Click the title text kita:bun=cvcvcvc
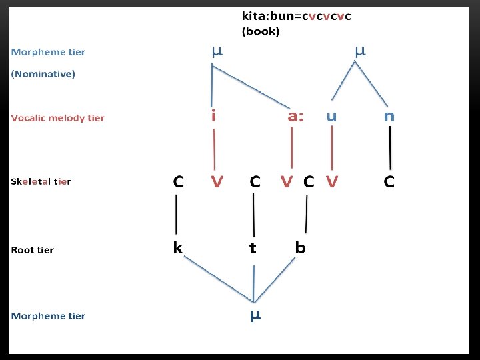[x=297, y=17]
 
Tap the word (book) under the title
[x=261, y=31]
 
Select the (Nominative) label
[x=43, y=74]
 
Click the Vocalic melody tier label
[x=58, y=118]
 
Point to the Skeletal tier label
[x=41, y=181]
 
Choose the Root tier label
[x=33, y=250]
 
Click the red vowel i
[x=213, y=116]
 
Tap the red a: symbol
[x=295, y=116]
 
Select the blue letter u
[x=331, y=116]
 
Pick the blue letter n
[x=389, y=116]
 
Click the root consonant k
[x=178, y=247]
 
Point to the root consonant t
[x=253, y=248]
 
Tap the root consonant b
[x=301, y=247]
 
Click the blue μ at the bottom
[x=255, y=315]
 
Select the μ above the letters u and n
[x=360, y=50]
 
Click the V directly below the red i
[x=217, y=181]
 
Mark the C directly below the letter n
[x=389, y=181]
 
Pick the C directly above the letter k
[x=179, y=181]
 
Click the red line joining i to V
[x=214, y=148]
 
